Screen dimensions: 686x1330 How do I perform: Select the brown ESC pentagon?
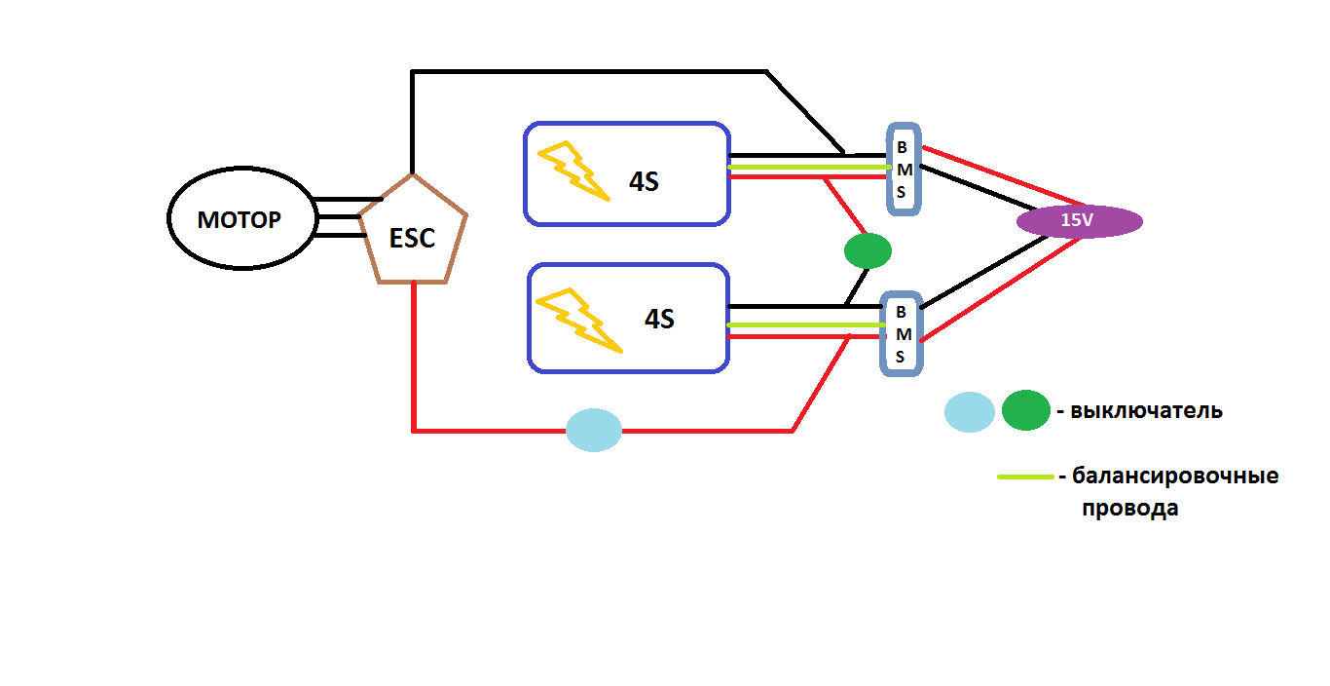(x=413, y=234)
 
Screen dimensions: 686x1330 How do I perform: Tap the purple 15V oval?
(x=1079, y=221)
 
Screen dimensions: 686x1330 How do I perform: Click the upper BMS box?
(x=903, y=169)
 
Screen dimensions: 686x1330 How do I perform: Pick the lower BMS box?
(x=901, y=334)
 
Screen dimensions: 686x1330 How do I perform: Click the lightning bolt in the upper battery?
(x=574, y=170)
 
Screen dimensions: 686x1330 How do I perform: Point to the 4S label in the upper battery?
(x=644, y=182)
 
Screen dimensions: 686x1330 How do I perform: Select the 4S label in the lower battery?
(x=659, y=319)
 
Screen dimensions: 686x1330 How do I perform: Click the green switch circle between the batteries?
(x=868, y=250)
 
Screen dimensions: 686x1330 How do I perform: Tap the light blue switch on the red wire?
(x=594, y=430)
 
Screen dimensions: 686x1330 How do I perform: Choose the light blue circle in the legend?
(x=970, y=411)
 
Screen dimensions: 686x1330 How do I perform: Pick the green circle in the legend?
(x=1025, y=410)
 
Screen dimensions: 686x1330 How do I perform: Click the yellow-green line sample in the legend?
(x=1025, y=476)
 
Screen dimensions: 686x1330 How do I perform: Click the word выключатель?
(x=1146, y=410)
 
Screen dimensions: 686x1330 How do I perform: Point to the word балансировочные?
(x=1175, y=476)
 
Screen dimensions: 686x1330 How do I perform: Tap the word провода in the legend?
(x=1129, y=508)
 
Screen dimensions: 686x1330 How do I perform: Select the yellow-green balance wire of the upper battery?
(x=808, y=167)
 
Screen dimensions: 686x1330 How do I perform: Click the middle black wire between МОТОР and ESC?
(x=338, y=218)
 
